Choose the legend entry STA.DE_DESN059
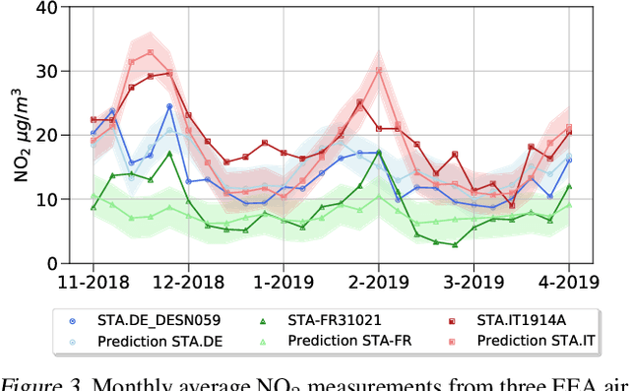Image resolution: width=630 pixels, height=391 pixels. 157,320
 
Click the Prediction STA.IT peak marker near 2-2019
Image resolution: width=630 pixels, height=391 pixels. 378,70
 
